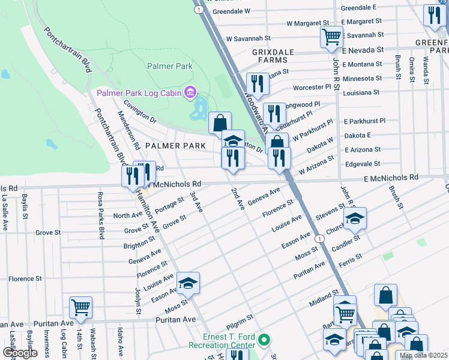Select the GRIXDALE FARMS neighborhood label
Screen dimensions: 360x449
pyautogui.click(x=273, y=56)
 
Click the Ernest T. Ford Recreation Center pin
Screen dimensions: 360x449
pyautogui.click(x=264, y=341)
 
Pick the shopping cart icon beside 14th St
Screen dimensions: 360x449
pyautogui.click(x=80, y=307)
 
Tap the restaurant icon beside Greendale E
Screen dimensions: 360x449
pyautogui.click(x=434, y=16)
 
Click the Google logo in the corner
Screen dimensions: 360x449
pyautogui.click(x=20, y=353)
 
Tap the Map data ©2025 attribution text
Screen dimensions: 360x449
pyautogui.click(x=423, y=355)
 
